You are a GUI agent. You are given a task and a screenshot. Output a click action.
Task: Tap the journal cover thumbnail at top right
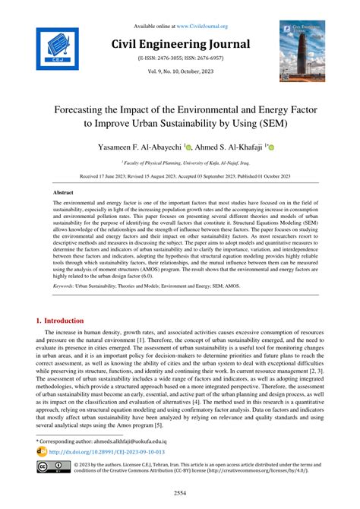(x=302, y=51)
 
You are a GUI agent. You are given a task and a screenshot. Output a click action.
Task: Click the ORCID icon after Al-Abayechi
(x=189, y=147)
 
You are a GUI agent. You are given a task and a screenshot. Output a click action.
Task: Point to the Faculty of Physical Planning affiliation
(x=179, y=161)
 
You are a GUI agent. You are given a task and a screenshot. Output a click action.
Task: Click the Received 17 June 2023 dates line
(x=179, y=175)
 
